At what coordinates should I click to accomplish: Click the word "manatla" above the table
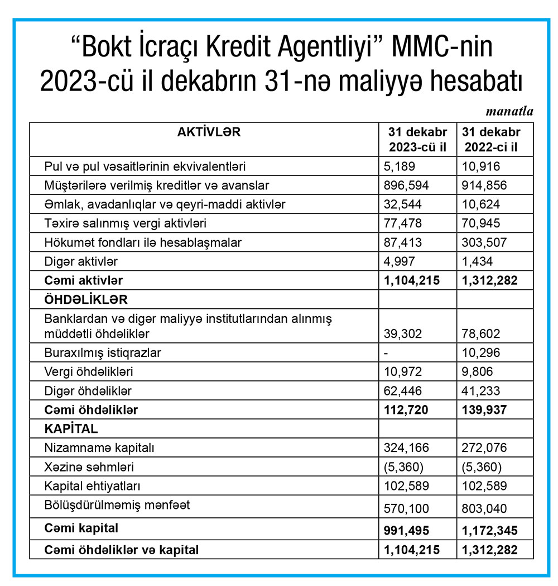[509, 111]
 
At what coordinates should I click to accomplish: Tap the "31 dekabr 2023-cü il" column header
[417, 140]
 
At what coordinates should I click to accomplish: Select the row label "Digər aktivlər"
[81, 261]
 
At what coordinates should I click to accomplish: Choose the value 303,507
[481, 242]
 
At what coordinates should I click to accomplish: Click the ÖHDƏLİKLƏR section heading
[85, 299]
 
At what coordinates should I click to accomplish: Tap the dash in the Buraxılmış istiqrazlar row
[386, 353]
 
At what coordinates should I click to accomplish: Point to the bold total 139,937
[484, 410]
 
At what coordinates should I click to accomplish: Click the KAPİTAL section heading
[71, 429]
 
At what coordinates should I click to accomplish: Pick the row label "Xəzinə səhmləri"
[89, 466]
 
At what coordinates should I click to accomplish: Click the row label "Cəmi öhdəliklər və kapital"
[122, 550]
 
